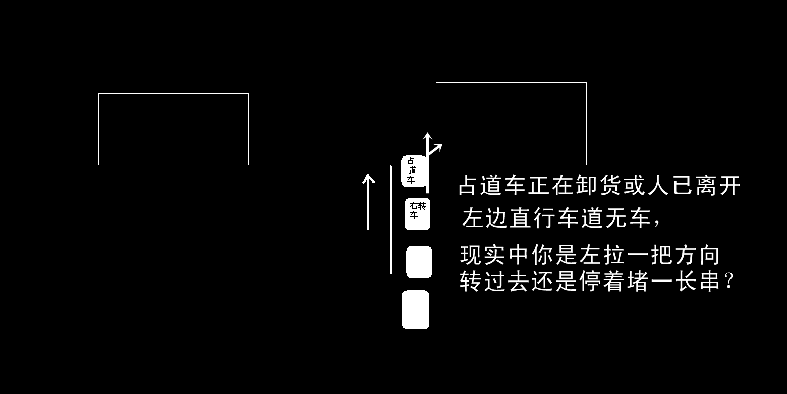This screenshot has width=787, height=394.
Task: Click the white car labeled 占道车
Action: [414, 171]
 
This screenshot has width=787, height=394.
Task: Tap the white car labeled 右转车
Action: [418, 214]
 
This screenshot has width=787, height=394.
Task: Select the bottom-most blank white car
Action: [415, 309]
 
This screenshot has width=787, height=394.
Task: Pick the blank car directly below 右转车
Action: [419, 262]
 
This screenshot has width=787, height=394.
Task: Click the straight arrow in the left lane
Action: [368, 202]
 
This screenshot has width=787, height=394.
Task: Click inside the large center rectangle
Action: [342, 86]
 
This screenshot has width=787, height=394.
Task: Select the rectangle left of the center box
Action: [173, 129]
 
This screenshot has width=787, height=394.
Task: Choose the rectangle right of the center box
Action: [511, 124]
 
